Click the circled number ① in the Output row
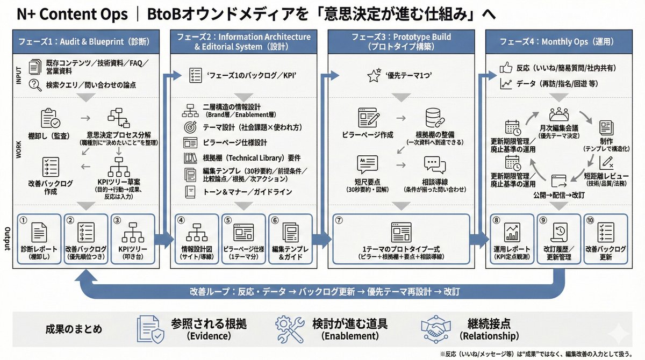click(x=23, y=220)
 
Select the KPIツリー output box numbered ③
click(x=132, y=240)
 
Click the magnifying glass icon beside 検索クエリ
click(x=36, y=84)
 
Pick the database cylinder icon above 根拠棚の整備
click(x=433, y=118)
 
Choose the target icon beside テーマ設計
click(x=190, y=127)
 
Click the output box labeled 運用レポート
click(x=511, y=240)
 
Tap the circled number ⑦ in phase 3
click(x=339, y=220)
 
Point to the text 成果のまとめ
click(x=74, y=329)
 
